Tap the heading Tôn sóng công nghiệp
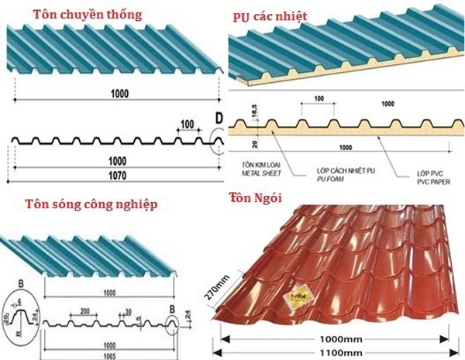[x=91, y=205]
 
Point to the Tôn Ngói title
[x=253, y=197]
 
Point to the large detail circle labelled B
[x=24, y=316]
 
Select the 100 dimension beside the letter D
[x=186, y=124]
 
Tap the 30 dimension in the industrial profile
[x=128, y=311]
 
